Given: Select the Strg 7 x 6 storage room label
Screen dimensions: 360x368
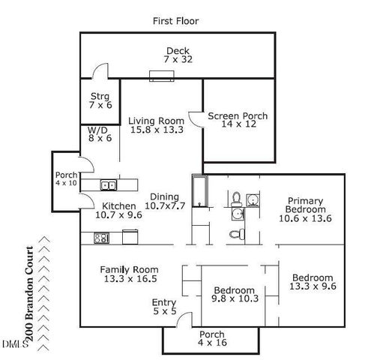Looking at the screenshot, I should [x=100, y=100].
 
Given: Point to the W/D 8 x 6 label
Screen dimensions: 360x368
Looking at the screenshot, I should [x=99, y=133].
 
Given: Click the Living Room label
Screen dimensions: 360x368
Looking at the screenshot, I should [x=156, y=124].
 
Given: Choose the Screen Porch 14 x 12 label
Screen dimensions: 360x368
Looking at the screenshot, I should [x=237, y=121].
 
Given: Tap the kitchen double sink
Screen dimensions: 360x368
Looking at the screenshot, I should [x=108, y=185].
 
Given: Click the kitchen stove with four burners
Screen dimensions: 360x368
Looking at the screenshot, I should [x=101, y=238].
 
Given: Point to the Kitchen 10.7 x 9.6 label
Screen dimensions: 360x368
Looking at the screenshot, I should [x=118, y=210].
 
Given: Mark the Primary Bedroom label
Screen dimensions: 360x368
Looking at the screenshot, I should [x=305, y=209].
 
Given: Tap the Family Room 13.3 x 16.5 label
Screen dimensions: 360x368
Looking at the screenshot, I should [x=130, y=274].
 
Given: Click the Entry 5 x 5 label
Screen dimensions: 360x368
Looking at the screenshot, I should [x=165, y=307].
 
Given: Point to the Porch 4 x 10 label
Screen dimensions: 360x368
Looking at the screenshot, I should [x=66, y=177].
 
